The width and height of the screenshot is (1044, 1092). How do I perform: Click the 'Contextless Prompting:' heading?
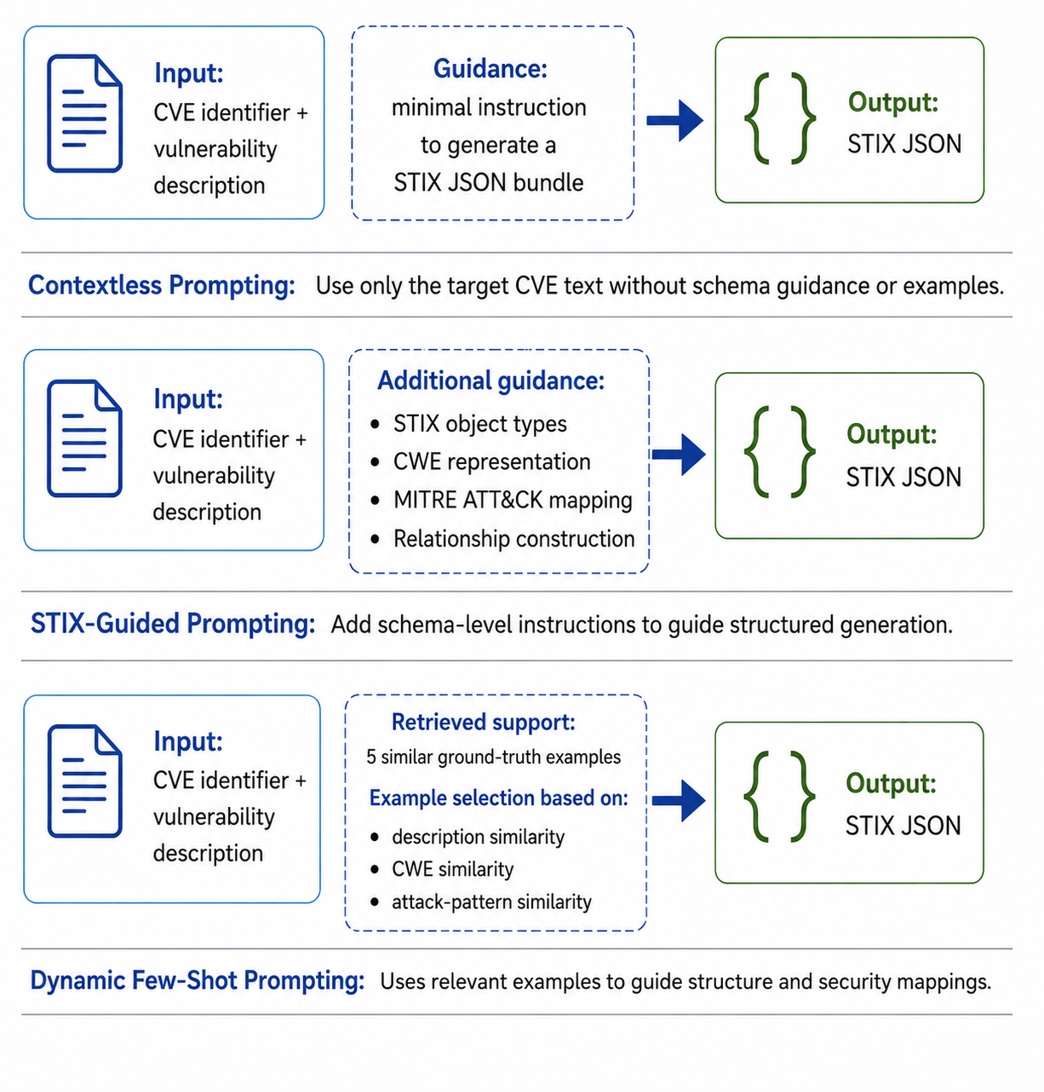point(162,285)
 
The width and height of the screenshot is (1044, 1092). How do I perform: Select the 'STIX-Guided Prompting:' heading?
point(173,623)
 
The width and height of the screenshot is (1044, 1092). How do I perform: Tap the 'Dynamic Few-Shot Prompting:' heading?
point(197,981)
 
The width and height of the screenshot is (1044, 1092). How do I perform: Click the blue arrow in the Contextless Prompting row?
point(675,120)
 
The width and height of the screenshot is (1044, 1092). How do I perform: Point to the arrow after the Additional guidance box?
point(679,454)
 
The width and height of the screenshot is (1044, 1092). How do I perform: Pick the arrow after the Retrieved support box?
point(679,800)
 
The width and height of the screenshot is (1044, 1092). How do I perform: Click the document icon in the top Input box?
point(85,113)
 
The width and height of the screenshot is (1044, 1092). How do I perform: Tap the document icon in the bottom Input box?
point(85,780)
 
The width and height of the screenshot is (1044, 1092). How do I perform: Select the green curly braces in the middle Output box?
point(780,452)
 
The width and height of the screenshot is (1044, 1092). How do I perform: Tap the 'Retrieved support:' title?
point(484,723)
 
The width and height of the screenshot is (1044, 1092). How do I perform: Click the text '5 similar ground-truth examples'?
point(493,757)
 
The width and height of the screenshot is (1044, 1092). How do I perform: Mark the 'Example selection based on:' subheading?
point(498,798)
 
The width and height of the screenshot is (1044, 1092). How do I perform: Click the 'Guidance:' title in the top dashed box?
point(490,69)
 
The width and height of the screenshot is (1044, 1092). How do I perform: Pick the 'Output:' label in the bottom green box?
point(891,783)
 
